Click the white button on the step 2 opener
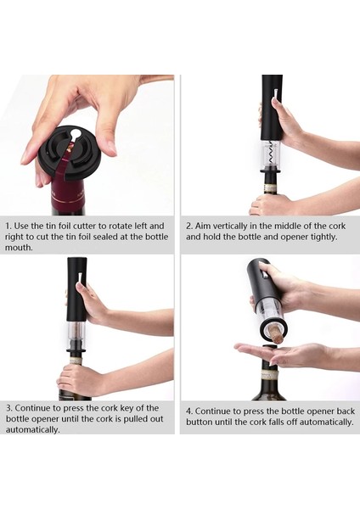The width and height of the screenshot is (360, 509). click(x=275, y=94)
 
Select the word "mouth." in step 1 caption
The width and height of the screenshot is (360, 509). click(x=20, y=248)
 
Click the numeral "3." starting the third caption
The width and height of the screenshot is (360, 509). click(x=9, y=408)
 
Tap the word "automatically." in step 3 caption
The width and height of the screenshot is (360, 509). click(x=33, y=430)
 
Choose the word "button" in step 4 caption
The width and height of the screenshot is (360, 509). click(x=197, y=422)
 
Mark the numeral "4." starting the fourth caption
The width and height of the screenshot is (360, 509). click(x=189, y=411)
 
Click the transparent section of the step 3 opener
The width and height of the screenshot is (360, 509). click(x=76, y=331)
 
